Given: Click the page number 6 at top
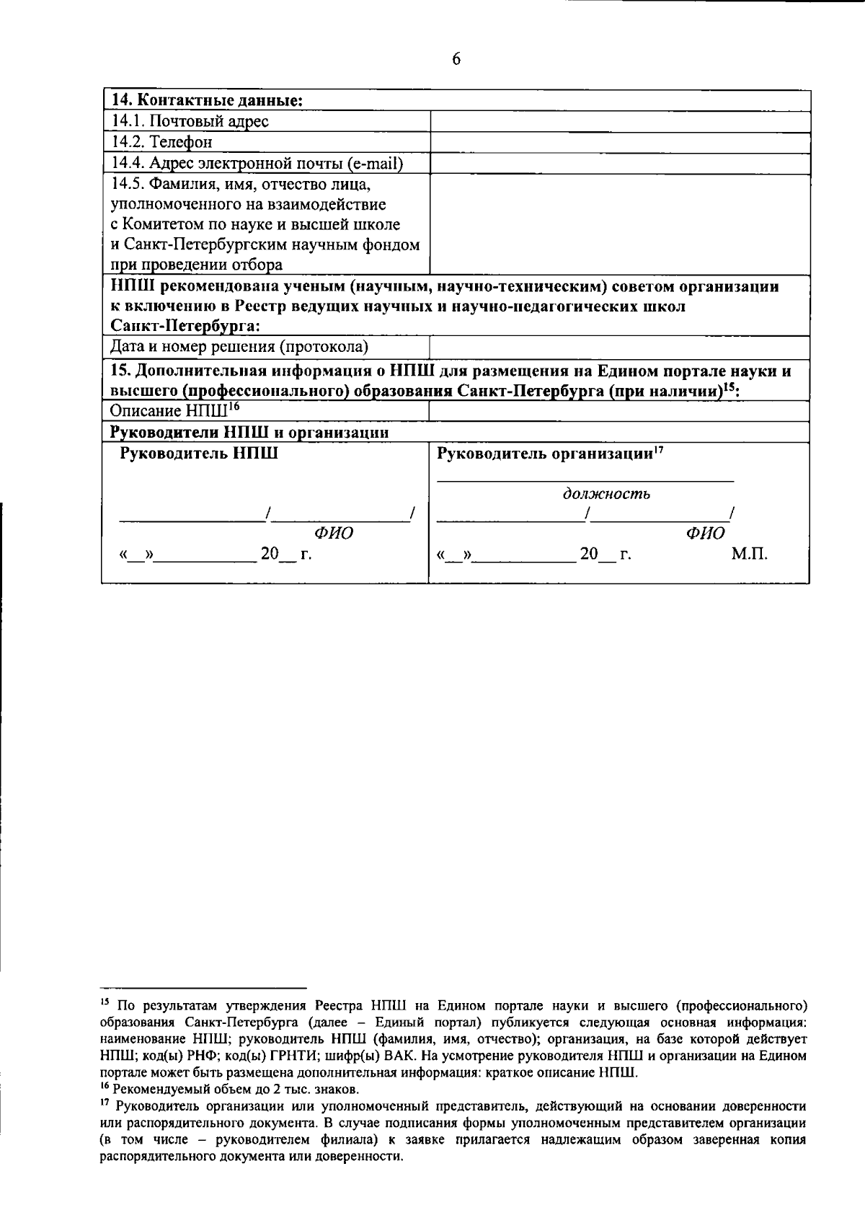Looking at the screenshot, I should [x=456, y=59].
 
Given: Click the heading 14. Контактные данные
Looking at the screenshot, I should [x=206, y=100].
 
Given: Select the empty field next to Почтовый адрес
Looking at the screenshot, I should [x=620, y=121].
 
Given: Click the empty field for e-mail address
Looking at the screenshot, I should [x=620, y=164].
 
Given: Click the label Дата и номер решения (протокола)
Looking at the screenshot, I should [x=239, y=347].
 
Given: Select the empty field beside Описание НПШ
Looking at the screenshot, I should [x=620, y=412].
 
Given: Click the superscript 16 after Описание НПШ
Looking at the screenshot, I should [x=234, y=407].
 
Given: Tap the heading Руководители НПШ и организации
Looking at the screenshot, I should [x=249, y=433].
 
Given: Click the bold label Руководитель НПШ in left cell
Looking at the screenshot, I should [x=199, y=454].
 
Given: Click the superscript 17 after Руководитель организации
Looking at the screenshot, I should [x=659, y=451].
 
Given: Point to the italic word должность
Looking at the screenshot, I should [x=606, y=494].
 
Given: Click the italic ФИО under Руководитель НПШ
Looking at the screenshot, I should [x=334, y=534].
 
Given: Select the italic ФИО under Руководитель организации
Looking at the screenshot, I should [x=706, y=534].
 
